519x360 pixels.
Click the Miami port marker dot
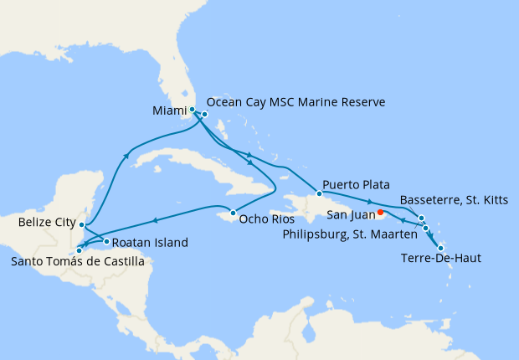tap(193, 110)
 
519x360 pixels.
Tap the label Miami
tap(170, 111)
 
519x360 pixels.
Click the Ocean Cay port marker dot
tap(204, 114)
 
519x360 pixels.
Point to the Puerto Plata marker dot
tap(319, 193)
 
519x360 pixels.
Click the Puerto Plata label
tap(357, 185)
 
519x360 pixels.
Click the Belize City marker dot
tap(81, 224)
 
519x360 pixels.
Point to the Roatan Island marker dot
tap(106, 242)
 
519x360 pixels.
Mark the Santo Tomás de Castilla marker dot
tap(79, 249)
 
